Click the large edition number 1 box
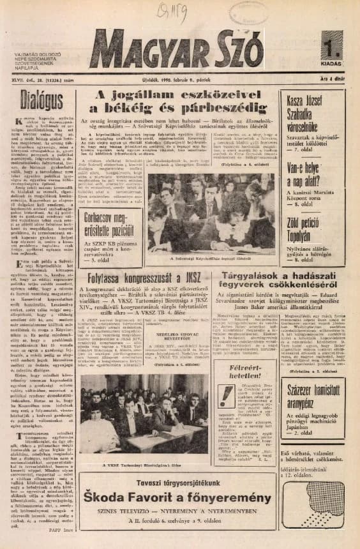(332, 47)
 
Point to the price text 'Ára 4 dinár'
(330, 78)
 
